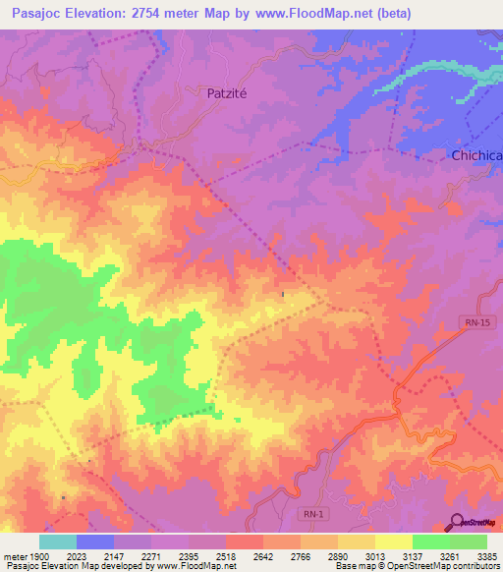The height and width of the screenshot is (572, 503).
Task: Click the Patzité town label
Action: [234, 93]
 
